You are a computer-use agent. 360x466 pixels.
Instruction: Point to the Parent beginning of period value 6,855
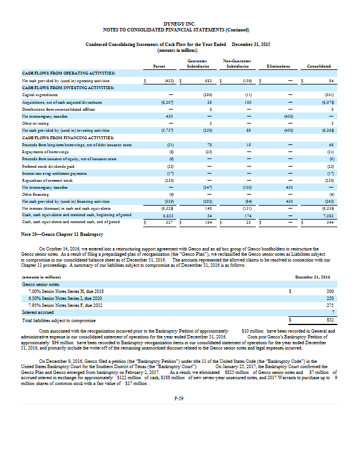click(168, 215)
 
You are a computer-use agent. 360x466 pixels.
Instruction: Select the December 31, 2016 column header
click(314, 277)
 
